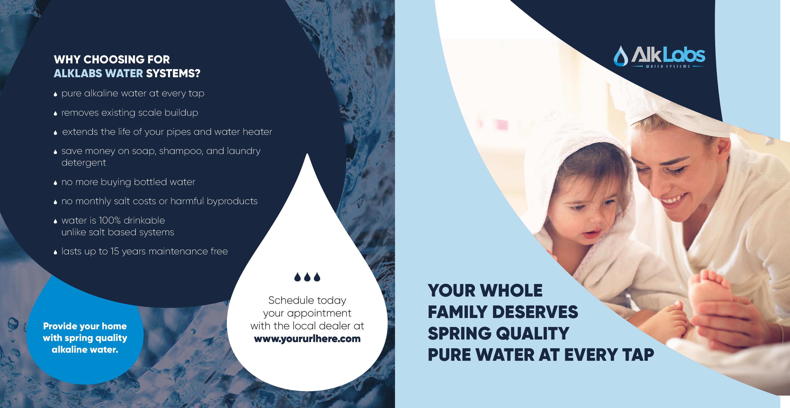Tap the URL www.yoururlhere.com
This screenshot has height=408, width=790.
pos(307,339)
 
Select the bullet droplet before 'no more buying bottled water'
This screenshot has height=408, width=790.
pos(55,183)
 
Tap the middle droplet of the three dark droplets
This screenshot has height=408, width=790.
pos(307,277)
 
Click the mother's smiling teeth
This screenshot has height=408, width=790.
pos(673,200)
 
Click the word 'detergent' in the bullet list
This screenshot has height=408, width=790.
pos(84,163)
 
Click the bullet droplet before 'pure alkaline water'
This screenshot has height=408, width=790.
pos(55,94)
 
